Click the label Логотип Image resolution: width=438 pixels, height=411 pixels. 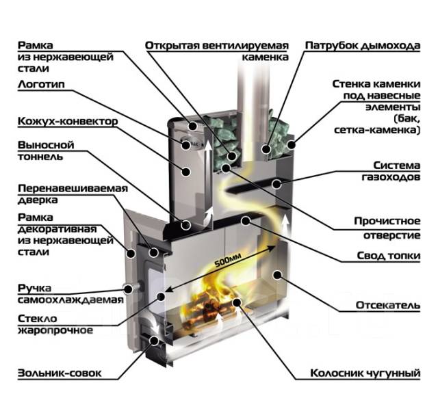[41, 84]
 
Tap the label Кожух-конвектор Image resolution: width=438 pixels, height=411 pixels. [68, 122]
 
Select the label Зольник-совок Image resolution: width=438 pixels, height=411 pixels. [60, 373]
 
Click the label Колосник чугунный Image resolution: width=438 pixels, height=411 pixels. [365, 373]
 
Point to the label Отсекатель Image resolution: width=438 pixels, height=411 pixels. [388, 305]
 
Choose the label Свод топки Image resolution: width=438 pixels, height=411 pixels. [389, 256]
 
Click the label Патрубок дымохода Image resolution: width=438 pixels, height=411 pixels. [363, 46]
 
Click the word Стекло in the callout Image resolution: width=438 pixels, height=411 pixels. [38, 318]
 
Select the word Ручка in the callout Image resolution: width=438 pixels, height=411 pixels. [35, 288]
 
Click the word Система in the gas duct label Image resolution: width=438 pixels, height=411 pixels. [397, 165]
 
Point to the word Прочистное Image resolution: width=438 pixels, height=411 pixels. [387, 221]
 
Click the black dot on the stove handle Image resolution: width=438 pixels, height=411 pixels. [128, 289]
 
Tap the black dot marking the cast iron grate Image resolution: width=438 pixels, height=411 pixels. [237, 302]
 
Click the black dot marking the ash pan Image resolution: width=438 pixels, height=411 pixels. [154, 341]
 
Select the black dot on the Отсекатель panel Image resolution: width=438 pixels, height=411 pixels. [277, 275]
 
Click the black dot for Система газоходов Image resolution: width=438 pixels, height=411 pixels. [276, 184]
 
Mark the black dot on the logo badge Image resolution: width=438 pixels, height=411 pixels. [186, 145]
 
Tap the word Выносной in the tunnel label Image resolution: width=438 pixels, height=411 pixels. [46, 145]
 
